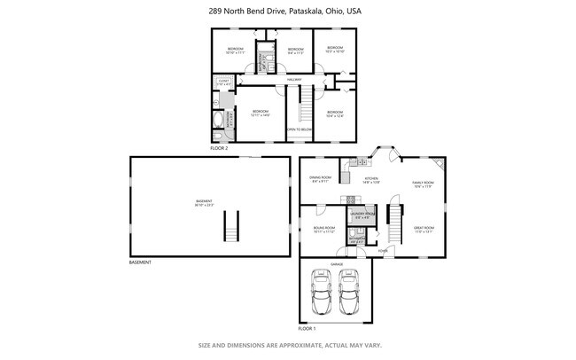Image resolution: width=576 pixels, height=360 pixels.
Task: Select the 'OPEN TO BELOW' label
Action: pos(299,129)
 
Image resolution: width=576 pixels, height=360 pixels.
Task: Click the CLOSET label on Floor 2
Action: pos(223,82)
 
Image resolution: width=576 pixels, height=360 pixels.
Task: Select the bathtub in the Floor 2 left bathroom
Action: pos(218,120)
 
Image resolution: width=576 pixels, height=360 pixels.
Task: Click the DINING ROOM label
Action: pos(320,179)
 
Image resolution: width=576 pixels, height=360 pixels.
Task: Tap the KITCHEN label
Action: pos(371,180)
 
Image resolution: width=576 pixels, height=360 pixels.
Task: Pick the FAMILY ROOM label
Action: pos(424,184)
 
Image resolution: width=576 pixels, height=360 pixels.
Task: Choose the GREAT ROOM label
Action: pos(424,228)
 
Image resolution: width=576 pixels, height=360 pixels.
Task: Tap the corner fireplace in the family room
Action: pos(440,164)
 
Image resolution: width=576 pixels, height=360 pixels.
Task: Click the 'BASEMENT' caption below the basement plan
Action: pos(140,262)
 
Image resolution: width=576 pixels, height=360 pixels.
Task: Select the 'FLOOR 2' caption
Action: pos(219,148)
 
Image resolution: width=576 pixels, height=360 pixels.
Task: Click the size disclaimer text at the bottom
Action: pos(288,345)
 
